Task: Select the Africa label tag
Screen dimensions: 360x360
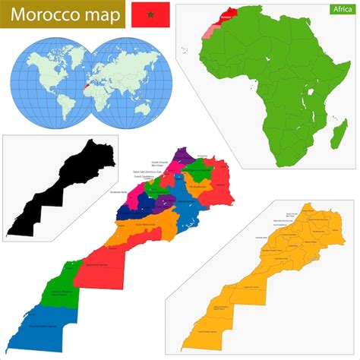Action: [339, 9]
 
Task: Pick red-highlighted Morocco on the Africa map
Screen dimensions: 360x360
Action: [224, 16]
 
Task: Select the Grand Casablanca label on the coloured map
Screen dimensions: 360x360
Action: [144, 178]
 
